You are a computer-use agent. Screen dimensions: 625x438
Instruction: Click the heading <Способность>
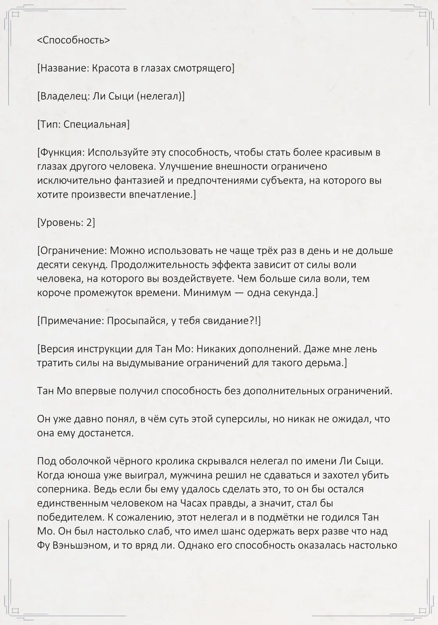pos(73,40)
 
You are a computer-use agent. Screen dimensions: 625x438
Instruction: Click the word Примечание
pos(71,321)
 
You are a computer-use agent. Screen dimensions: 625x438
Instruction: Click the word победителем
pos(65,518)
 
